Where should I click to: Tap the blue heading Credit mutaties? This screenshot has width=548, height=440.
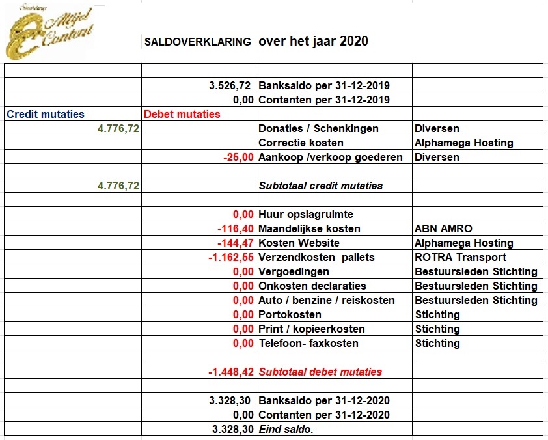pos(46,114)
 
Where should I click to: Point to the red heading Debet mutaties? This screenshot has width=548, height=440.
pos(182,114)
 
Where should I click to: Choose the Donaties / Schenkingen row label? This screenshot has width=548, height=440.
pos(318,128)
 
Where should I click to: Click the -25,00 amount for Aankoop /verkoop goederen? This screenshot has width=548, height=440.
pos(238,157)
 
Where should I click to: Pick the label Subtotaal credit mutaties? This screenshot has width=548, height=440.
pos(321,186)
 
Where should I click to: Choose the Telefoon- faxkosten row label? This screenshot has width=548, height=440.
pos(308,343)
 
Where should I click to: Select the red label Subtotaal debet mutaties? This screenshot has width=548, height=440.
pos(320,372)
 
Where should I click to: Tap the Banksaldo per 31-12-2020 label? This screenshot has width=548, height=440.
pos(324,400)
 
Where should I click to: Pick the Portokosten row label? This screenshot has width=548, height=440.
pos(290,314)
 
